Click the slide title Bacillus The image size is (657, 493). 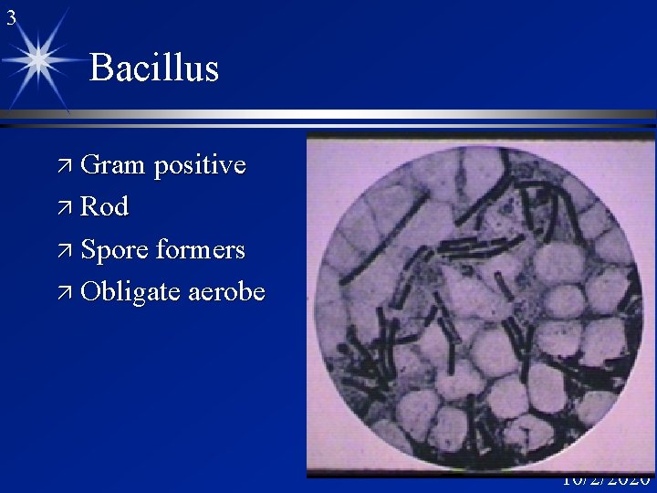[x=154, y=68]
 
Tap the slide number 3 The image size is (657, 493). [x=11, y=16]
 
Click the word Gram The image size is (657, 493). [x=113, y=165]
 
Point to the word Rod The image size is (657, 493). [x=104, y=207]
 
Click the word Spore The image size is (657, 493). [x=115, y=250]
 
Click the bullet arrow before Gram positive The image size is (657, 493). [x=67, y=166]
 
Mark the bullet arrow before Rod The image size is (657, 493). [x=67, y=208]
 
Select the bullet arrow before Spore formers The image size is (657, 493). [x=67, y=250]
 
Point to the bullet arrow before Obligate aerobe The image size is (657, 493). [x=67, y=292]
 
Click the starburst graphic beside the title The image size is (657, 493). [x=39, y=59]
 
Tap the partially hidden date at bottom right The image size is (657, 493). [x=605, y=480]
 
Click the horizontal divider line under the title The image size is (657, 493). [x=365, y=116]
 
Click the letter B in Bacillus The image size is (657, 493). [x=101, y=68]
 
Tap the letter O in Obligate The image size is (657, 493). [x=90, y=292]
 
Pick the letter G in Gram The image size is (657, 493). [x=90, y=165]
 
